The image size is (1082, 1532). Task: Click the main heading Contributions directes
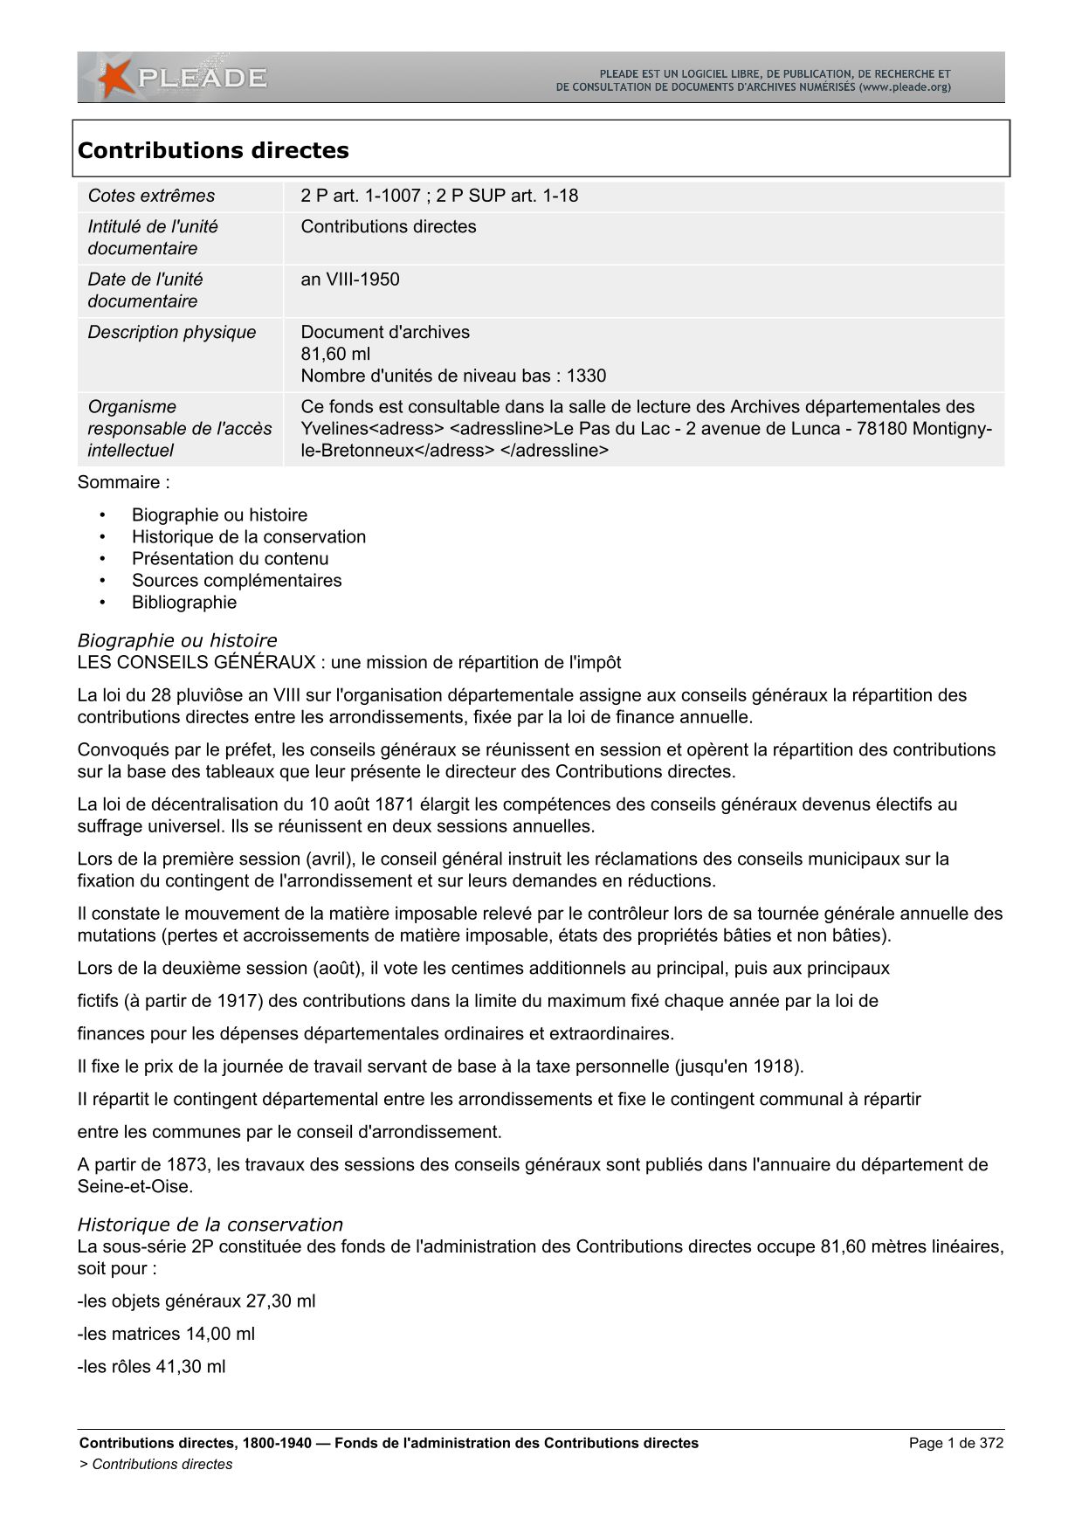213,150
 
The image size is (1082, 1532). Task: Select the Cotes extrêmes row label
151,196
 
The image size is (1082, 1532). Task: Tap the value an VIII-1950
350,279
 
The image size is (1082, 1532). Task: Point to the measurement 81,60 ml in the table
335,354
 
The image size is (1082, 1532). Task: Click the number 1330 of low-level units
586,376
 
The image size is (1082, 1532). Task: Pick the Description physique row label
172,332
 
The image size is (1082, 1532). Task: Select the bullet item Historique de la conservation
249,536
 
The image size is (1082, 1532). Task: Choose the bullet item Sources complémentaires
237,580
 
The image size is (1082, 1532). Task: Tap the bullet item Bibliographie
184,602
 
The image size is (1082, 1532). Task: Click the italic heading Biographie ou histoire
177,640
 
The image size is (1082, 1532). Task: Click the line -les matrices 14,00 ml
166,1334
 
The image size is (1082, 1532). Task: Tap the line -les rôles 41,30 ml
151,1366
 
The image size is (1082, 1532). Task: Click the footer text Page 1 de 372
955,1443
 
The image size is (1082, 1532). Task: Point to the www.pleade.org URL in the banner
906,87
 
